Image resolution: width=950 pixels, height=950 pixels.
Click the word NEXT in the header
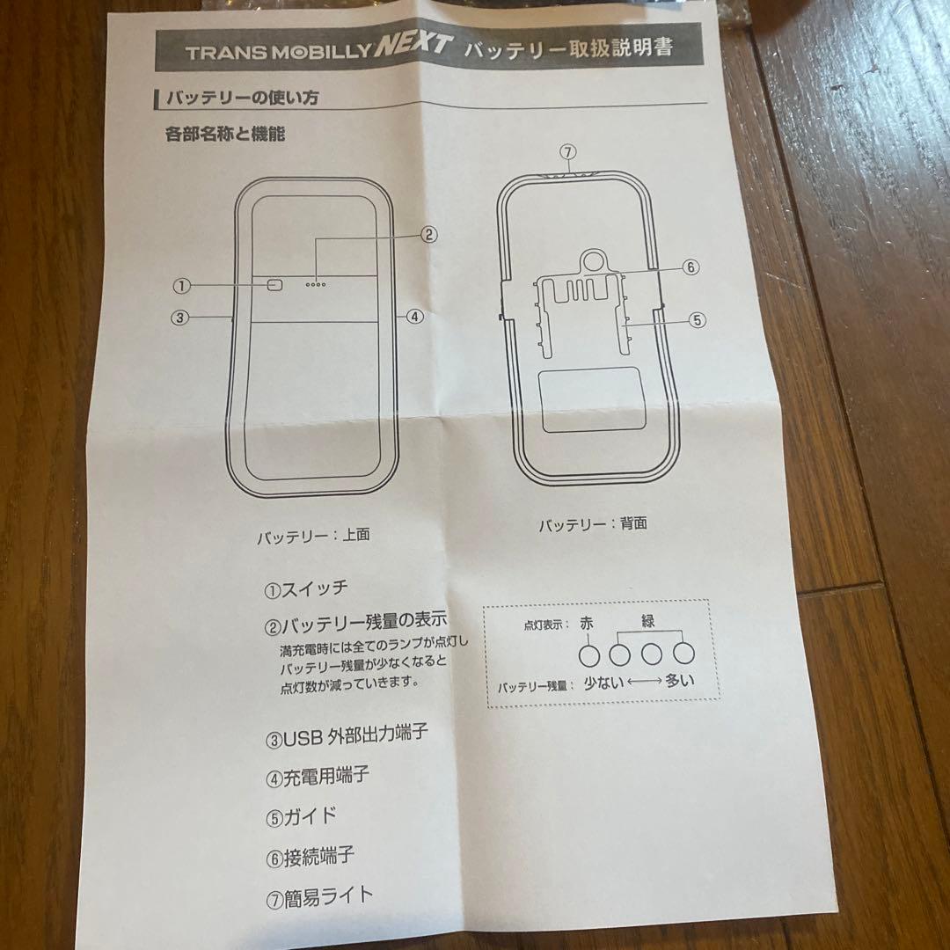click(x=413, y=45)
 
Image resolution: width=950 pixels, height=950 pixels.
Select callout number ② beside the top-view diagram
click(x=428, y=235)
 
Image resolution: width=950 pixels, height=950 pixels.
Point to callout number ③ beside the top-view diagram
click(x=180, y=318)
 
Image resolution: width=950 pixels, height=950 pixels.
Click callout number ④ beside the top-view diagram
click(x=415, y=317)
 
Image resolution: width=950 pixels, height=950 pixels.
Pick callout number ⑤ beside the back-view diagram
click(x=698, y=320)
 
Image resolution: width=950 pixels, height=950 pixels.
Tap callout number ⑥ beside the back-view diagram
click(x=691, y=267)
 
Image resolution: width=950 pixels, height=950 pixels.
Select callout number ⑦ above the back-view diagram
click(x=567, y=152)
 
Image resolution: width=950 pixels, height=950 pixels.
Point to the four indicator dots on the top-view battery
click(x=316, y=284)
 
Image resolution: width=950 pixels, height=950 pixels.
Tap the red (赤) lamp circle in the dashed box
click(x=588, y=655)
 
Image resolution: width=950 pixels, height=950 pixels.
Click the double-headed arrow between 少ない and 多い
click(x=645, y=682)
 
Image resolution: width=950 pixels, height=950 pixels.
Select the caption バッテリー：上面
click(x=313, y=537)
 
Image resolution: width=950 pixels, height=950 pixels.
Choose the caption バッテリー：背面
click(x=593, y=524)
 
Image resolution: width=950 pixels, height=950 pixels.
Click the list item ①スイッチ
click(x=307, y=588)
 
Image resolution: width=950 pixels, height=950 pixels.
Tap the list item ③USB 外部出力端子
click(x=347, y=736)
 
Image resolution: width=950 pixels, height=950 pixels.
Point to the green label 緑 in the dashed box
click(x=648, y=621)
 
